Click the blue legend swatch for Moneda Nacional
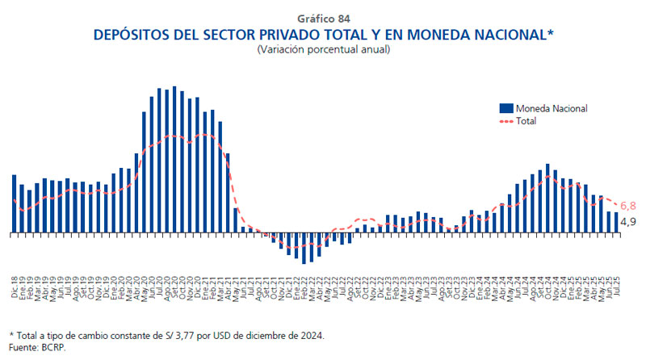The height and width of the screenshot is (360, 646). click(x=507, y=108)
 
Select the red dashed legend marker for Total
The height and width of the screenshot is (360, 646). click(x=507, y=121)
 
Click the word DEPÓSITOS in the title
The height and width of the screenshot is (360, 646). click(x=133, y=35)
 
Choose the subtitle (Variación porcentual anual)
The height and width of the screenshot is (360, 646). click(x=323, y=49)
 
